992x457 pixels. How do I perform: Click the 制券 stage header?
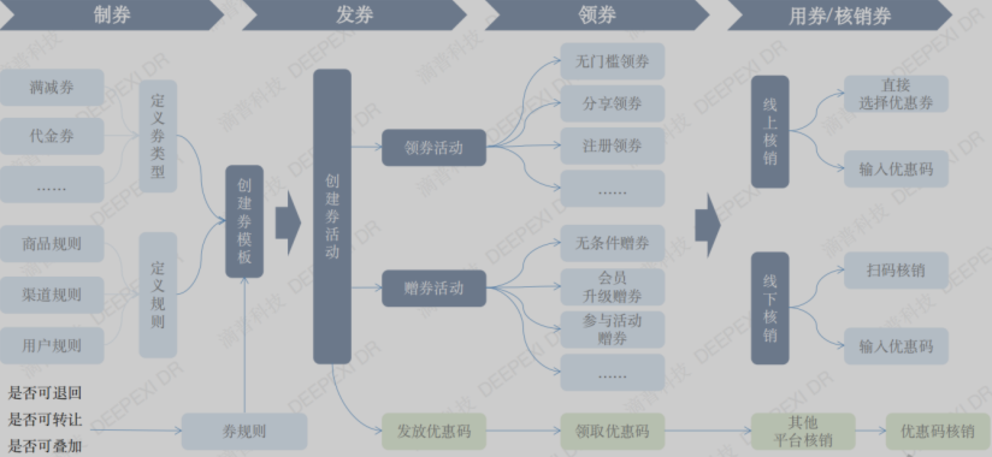pos(112,15)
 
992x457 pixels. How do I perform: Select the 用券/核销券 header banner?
pos(839,15)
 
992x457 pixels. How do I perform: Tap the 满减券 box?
pos(52,88)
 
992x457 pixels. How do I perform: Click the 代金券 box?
pos(52,136)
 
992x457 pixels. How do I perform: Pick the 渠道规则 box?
pos(52,295)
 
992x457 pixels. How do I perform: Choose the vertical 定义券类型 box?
pos(158,136)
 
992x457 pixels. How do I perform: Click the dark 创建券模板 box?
pos(244,221)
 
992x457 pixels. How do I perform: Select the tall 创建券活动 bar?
pos(332,216)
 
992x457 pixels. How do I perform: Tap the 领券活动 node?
pos(433,147)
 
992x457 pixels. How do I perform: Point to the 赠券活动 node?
pos(433,288)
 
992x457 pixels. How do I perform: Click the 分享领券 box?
pos(612,103)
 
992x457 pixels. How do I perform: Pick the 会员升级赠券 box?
pos(612,287)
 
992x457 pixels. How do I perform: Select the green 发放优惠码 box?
pos(433,431)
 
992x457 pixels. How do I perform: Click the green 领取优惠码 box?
pos(612,431)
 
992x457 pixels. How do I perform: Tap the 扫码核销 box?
pos(896,270)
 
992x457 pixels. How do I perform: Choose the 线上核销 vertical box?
pos(770,131)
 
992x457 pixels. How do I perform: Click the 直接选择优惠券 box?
pos(896,94)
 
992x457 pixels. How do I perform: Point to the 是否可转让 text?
pos(45,419)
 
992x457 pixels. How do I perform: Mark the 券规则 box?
pos(244,431)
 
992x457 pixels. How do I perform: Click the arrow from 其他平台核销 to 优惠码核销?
pos(870,431)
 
